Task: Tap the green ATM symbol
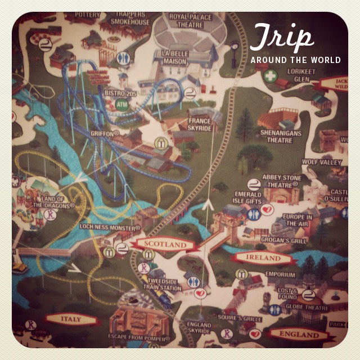tap(121, 104)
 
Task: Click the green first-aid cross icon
tap(271, 75)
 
